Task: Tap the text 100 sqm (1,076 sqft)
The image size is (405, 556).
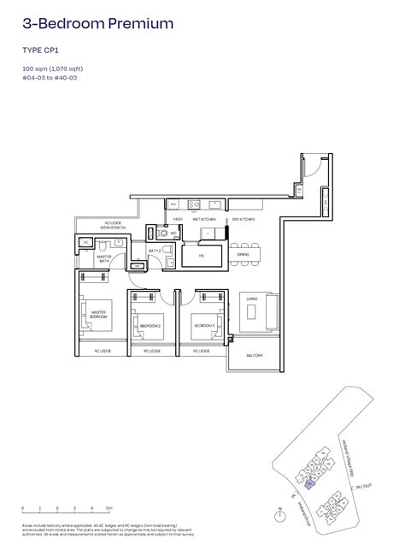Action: (52, 68)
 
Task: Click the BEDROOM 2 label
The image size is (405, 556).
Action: (150, 326)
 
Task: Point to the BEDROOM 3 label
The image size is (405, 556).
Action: (202, 326)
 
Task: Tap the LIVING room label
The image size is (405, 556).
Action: (252, 298)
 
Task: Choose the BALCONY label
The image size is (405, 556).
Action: (254, 355)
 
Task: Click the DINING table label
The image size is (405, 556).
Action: (244, 255)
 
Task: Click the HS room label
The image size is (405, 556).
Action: (202, 255)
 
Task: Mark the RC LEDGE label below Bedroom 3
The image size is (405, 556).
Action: (202, 352)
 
